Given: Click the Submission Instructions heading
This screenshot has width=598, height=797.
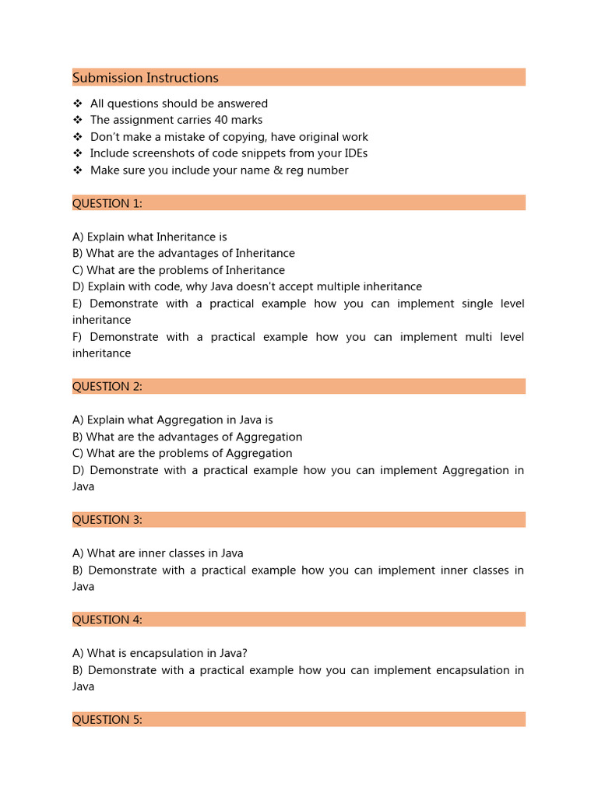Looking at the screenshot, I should coord(146,78).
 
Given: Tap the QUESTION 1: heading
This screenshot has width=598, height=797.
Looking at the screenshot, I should coord(107,204).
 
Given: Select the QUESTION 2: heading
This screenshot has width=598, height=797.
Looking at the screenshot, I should coord(107,387).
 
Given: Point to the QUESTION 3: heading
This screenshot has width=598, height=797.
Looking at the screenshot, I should coord(107,520).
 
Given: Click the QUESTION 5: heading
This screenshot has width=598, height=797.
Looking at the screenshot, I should coord(107,720).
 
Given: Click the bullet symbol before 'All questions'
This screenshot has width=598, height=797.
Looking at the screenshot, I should coord(77,104).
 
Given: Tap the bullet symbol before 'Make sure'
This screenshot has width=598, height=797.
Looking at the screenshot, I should coord(77,170).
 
